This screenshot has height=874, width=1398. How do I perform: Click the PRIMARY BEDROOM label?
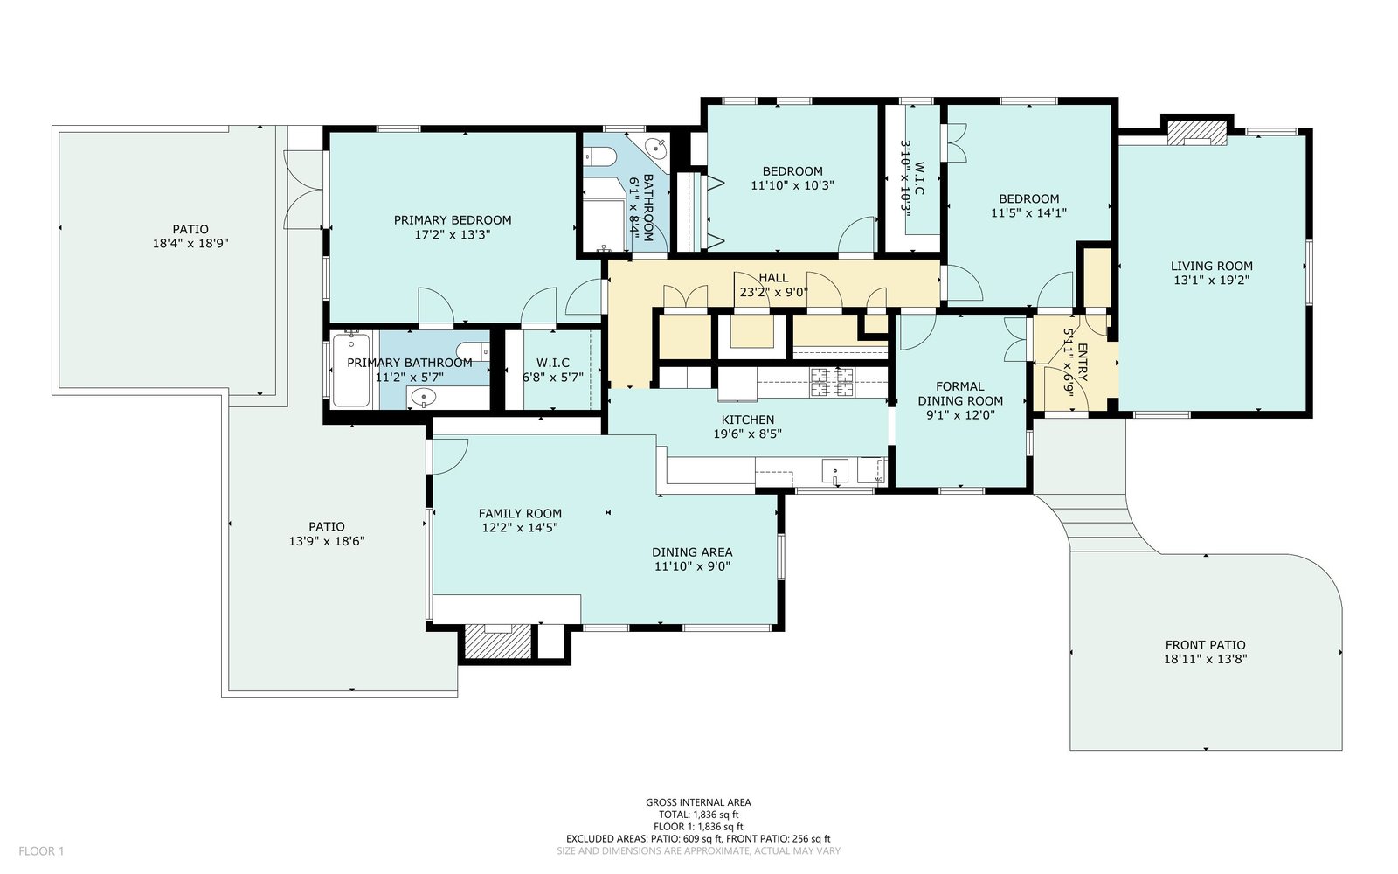[x=453, y=220]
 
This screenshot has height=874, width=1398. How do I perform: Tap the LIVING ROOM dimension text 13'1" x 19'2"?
[x=1211, y=281]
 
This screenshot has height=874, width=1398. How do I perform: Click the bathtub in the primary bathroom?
[x=351, y=371]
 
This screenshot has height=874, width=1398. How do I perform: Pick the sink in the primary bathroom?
[x=424, y=397]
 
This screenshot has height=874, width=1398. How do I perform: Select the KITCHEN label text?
[x=748, y=420]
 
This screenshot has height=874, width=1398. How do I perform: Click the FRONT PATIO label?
[x=1205, y=645]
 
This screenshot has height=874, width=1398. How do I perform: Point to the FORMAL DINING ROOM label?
[x=960, y=394]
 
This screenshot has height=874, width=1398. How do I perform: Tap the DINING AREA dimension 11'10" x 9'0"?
[x=692, y=567]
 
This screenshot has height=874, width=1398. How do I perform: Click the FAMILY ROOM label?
[x=520, y=514]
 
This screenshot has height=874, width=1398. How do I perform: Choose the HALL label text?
[x=773, y=278]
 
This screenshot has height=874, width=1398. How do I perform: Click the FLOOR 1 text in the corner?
[x=41, y=851]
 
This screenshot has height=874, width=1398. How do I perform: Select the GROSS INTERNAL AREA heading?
[x=698, y=803]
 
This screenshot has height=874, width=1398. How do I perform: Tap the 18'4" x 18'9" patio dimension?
[x=190, y=244]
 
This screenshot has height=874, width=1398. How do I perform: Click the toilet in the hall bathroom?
[x=598, y=156]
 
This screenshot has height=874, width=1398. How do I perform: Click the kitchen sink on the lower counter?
[x=835, y=471]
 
